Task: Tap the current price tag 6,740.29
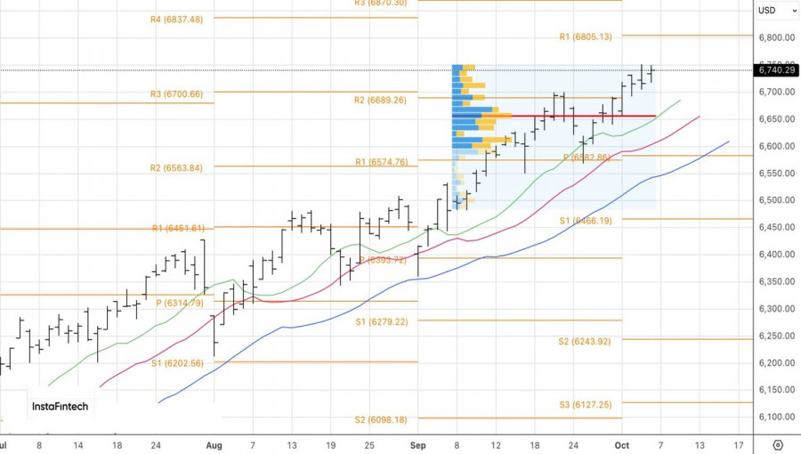click(x=776, y=69)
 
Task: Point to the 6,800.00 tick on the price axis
click(x=776, y=37)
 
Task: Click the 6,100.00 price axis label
click(x=776, y=417)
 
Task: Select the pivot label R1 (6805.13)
click(x=586, y=36)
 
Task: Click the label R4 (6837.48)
click(x=177, y=20)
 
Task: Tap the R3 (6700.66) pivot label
click(x=177, y=94)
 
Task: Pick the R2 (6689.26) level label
click(x=380, y=100)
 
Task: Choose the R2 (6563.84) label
click(x=177, y=168)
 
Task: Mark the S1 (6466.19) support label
click(x=586, y=220)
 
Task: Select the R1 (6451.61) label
click(x=177, y=229)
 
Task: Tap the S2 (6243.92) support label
click(x=585, y=341)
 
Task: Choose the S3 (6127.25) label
click(x=585, y=404)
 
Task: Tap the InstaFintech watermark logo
click(x=61, y=406)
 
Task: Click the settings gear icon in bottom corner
click(x=778, y=444)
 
